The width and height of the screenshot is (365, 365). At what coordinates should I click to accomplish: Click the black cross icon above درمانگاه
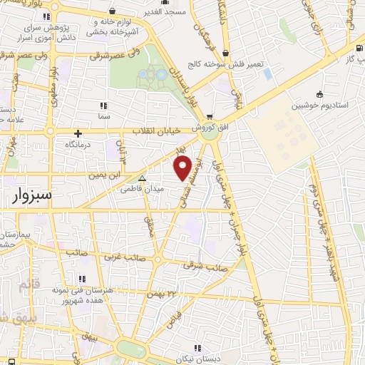point(78,133)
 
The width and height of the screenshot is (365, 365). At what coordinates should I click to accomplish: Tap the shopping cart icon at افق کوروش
point(208,116)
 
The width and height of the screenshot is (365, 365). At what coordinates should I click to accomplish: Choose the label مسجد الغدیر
point(183,12)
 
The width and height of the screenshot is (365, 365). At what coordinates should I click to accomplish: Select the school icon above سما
point(105,104)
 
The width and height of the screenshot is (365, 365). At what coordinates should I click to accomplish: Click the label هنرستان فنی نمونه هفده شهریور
point(80,296)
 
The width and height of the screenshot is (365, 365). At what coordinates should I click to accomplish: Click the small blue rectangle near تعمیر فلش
point(267,73)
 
